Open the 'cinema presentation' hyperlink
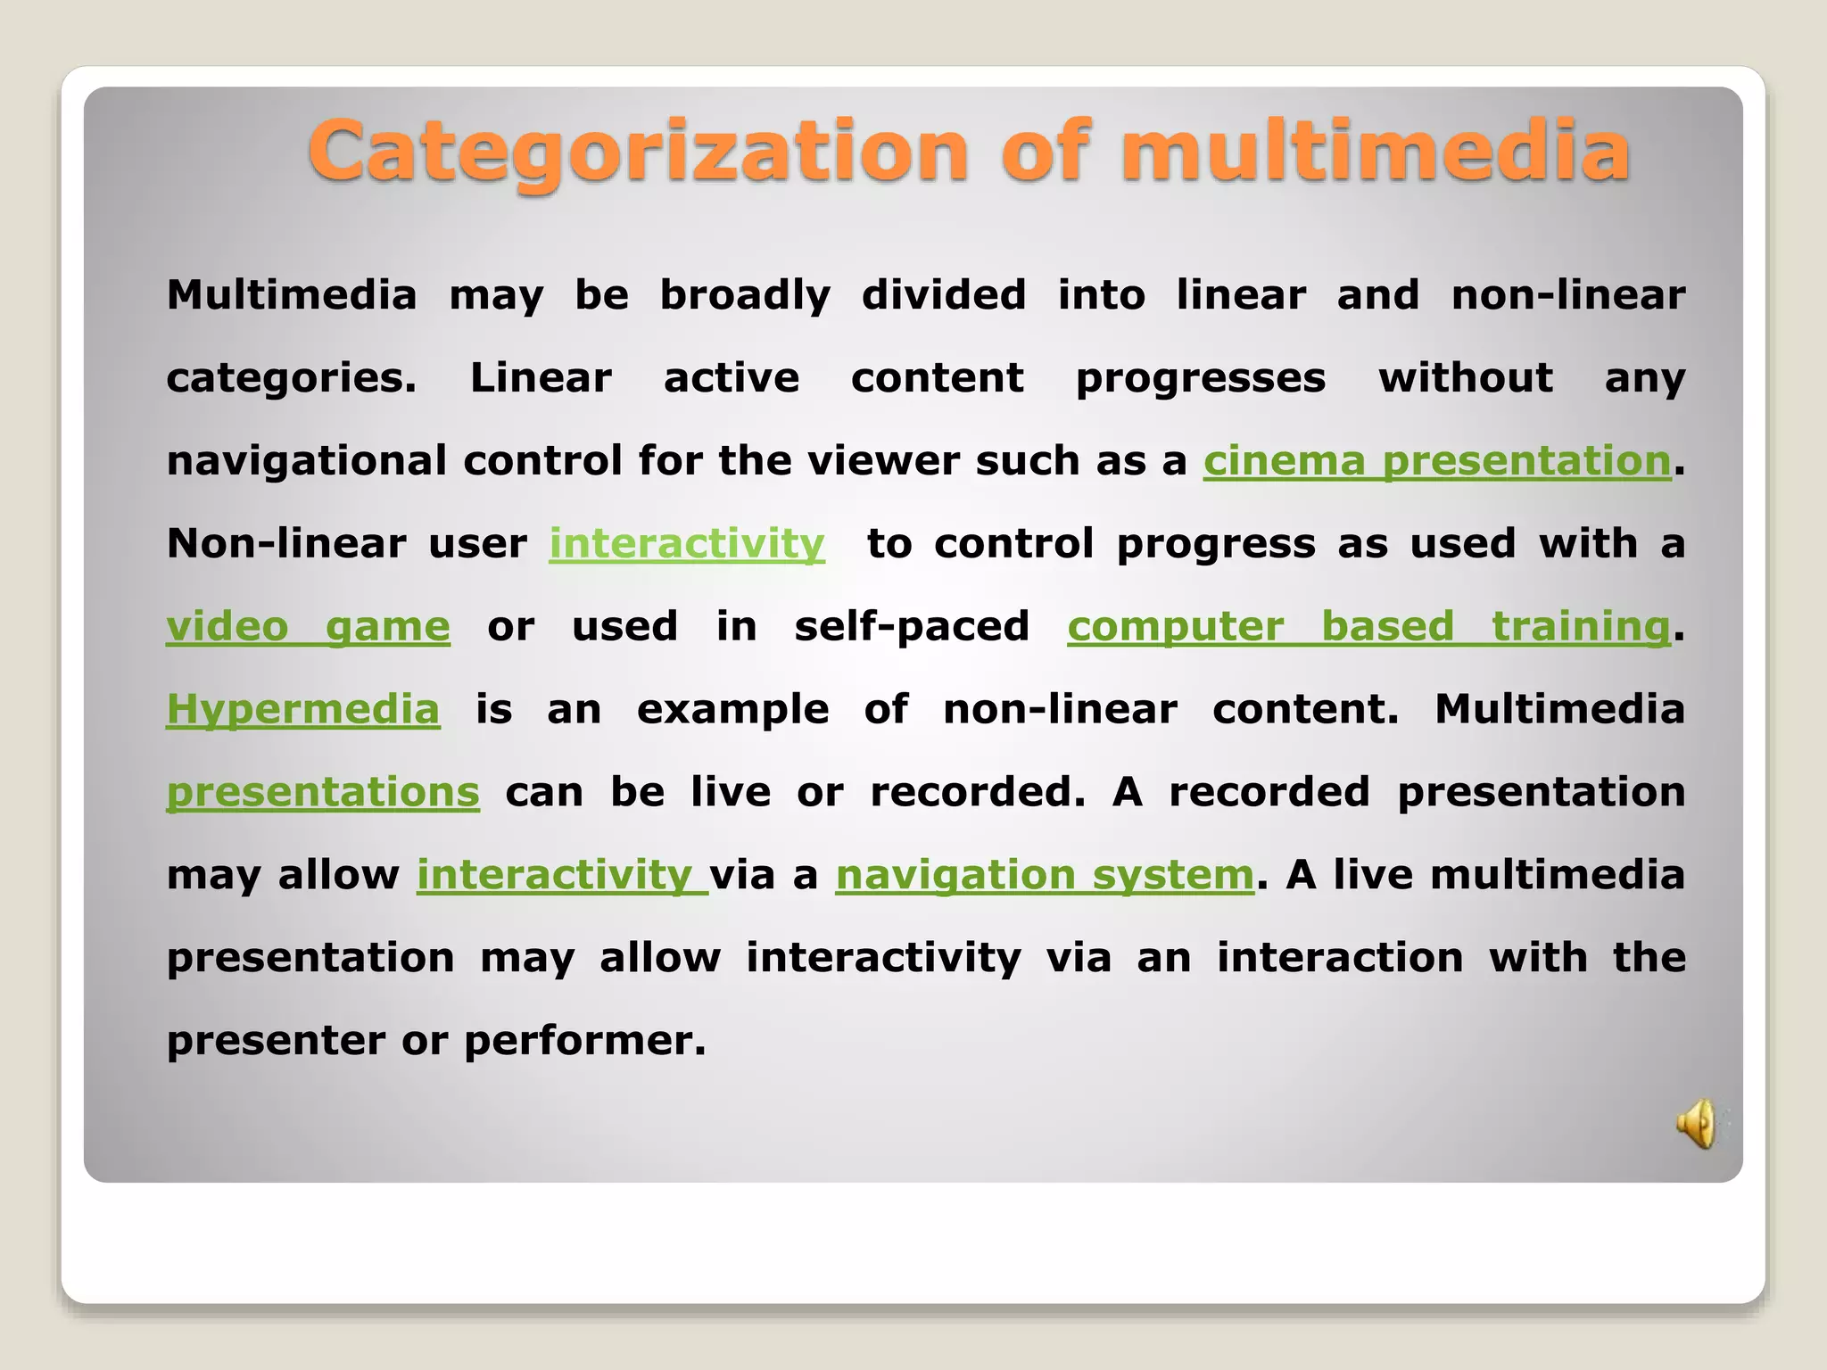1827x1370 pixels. pyautogui.click(x=1436, y=461)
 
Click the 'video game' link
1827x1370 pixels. pyautogui.click(x=308, y=626)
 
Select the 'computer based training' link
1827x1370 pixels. pyautogui.click(x=1368, y=626)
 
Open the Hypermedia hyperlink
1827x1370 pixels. pyautogui.click(x=303, y=710)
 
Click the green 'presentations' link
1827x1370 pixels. pyautogui.click(x=323, y=793)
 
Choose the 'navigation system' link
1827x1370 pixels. pyautogui.click(x=1045, y=875)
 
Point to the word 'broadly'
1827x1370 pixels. pyautogui.click(x=745, y=295)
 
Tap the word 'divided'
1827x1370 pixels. pyautogui.click(x=944, y=295)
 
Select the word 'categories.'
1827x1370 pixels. pyautogui.click(x=292, y=378)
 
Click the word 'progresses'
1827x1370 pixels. pyautogui.click(x=1201, y=378)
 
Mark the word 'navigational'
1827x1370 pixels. pyautogui.click(x=306, y=461)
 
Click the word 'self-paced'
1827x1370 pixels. pyautogui.click(x=912, y=626)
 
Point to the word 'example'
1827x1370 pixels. pyautogui.click(x=733, y=710)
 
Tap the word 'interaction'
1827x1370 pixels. pyautogui.click(x=1340, y=958)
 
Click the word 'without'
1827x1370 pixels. pyautogui.click(x=1466, y=378)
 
